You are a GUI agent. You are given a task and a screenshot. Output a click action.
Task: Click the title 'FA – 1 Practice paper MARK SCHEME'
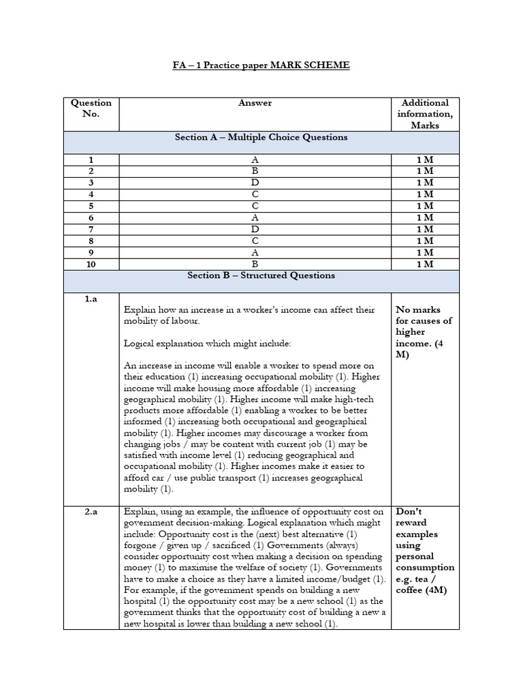pos(261,65)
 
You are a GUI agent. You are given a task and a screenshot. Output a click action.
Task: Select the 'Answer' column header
pos(255,103)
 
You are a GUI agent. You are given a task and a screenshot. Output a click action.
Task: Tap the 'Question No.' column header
pos(91,108)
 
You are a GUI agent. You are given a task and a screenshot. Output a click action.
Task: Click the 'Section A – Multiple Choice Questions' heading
pos(261,137)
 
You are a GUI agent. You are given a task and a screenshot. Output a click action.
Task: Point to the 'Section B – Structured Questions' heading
pos(261,275)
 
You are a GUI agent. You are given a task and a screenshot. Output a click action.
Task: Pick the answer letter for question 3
pos(255,182)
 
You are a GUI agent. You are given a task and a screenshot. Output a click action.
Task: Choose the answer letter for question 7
pos(255,228)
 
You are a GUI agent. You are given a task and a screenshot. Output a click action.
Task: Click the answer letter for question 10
pos(255,263)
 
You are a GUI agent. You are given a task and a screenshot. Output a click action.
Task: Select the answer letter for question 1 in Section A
pos(255,159)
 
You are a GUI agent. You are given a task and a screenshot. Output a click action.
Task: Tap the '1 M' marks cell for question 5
pos(425,205)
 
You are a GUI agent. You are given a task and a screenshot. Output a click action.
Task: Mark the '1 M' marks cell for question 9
pos(425,252)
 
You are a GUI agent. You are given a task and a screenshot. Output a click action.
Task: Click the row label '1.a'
pos(91,299)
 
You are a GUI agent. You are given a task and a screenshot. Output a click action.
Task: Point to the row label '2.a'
pos(91,511)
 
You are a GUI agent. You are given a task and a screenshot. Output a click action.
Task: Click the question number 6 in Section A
pos(91,217)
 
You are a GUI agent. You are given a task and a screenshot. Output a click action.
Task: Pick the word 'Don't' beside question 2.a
pos(409,511)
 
